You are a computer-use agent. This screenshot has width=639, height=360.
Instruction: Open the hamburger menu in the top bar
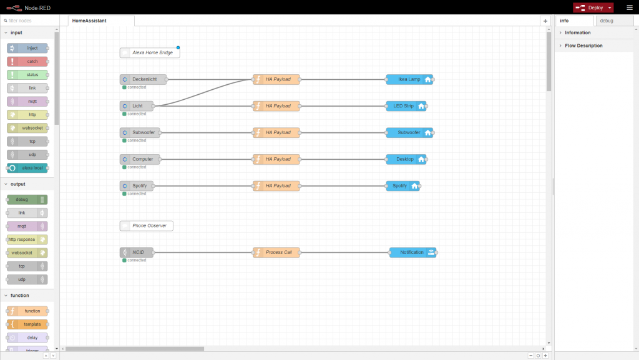629,7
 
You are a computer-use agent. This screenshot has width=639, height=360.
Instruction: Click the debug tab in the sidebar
606,21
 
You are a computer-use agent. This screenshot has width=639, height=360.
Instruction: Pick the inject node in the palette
27,48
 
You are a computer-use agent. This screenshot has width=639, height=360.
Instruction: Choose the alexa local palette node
27,168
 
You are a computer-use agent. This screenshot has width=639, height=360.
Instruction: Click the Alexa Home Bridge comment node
150,53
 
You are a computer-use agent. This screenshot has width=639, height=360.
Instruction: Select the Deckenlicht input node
144,79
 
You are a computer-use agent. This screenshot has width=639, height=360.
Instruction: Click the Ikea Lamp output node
409,79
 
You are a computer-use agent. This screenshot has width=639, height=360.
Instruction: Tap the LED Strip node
406,106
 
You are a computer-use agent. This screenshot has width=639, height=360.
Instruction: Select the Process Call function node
276,253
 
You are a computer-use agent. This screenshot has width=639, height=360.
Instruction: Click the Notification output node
412,253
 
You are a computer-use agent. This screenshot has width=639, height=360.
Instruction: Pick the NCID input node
137,253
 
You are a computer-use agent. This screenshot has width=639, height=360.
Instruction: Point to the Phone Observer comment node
147,226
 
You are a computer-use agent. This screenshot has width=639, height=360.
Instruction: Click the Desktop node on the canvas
406,159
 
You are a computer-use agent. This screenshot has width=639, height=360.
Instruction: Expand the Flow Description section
583,46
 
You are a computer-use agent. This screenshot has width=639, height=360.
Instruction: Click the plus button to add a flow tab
545,21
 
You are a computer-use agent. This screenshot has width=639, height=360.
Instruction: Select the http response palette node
27,240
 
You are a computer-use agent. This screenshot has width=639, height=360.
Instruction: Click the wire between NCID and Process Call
203,253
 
